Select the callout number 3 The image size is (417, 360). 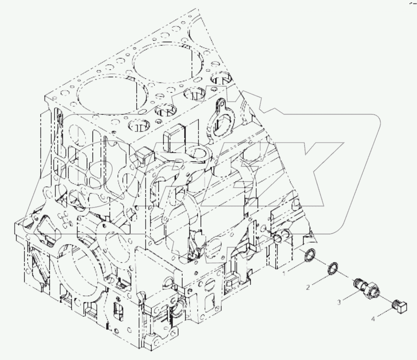pyautogui.click(x=339, y=302)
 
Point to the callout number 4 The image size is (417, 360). pyautogui.click(x=373, y=319)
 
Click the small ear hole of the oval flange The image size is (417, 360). pyautogui.click(x=222, y=104)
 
